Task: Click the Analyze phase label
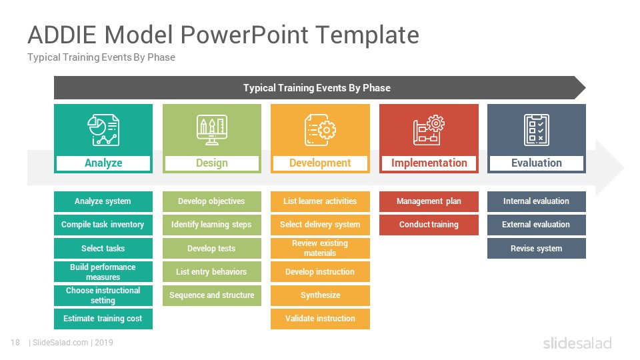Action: point(103,163)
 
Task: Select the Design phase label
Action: point(212,163)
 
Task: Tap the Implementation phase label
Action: point(429,163)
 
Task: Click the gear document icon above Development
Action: point(320,130)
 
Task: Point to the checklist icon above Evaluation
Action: point(536,130)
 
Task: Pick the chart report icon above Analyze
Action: point(103,130)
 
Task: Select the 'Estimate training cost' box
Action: point(103,319)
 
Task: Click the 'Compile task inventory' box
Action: point(103,225)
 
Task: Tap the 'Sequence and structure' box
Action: point(212,295)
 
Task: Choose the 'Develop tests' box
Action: point(212,248)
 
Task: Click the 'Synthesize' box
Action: point(320,295)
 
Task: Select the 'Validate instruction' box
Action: point(320,319)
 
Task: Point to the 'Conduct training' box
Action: point(429,225)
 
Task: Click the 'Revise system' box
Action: point(536,248)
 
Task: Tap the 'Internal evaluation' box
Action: point(536,201)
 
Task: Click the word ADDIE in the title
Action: point(61,35)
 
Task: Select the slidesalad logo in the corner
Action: point(577,343)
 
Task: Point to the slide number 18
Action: point(15,343)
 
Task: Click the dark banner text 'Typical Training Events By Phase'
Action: point(317,88)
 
